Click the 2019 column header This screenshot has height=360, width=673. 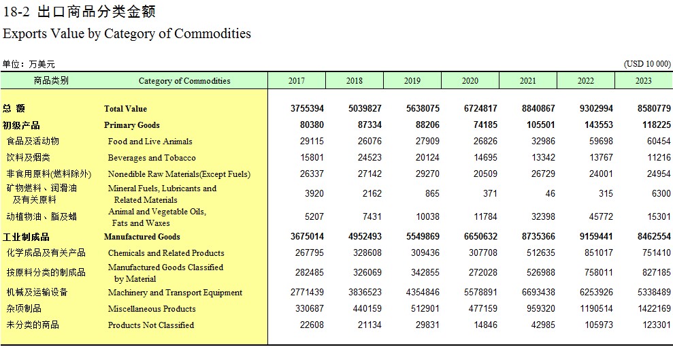412,81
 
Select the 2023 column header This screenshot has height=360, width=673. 643,81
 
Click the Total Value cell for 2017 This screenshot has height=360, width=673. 307,109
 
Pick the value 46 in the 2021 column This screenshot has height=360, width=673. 550,193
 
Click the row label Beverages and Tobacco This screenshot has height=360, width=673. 152,158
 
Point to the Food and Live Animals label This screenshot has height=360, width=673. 150,142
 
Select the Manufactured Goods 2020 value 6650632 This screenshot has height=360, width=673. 480,236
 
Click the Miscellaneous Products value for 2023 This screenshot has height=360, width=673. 654,308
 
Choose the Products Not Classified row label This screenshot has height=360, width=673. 150,325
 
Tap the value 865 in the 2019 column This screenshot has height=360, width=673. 432,193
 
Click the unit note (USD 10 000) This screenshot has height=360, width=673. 647,64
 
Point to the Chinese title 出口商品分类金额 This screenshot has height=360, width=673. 97,12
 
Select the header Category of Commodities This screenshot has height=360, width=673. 184,81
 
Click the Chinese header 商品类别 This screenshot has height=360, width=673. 51,80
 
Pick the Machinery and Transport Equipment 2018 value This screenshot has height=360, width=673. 365,292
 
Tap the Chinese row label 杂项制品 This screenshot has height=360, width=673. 24,308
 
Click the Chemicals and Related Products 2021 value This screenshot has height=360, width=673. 541,252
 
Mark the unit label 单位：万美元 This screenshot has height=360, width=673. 29,65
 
